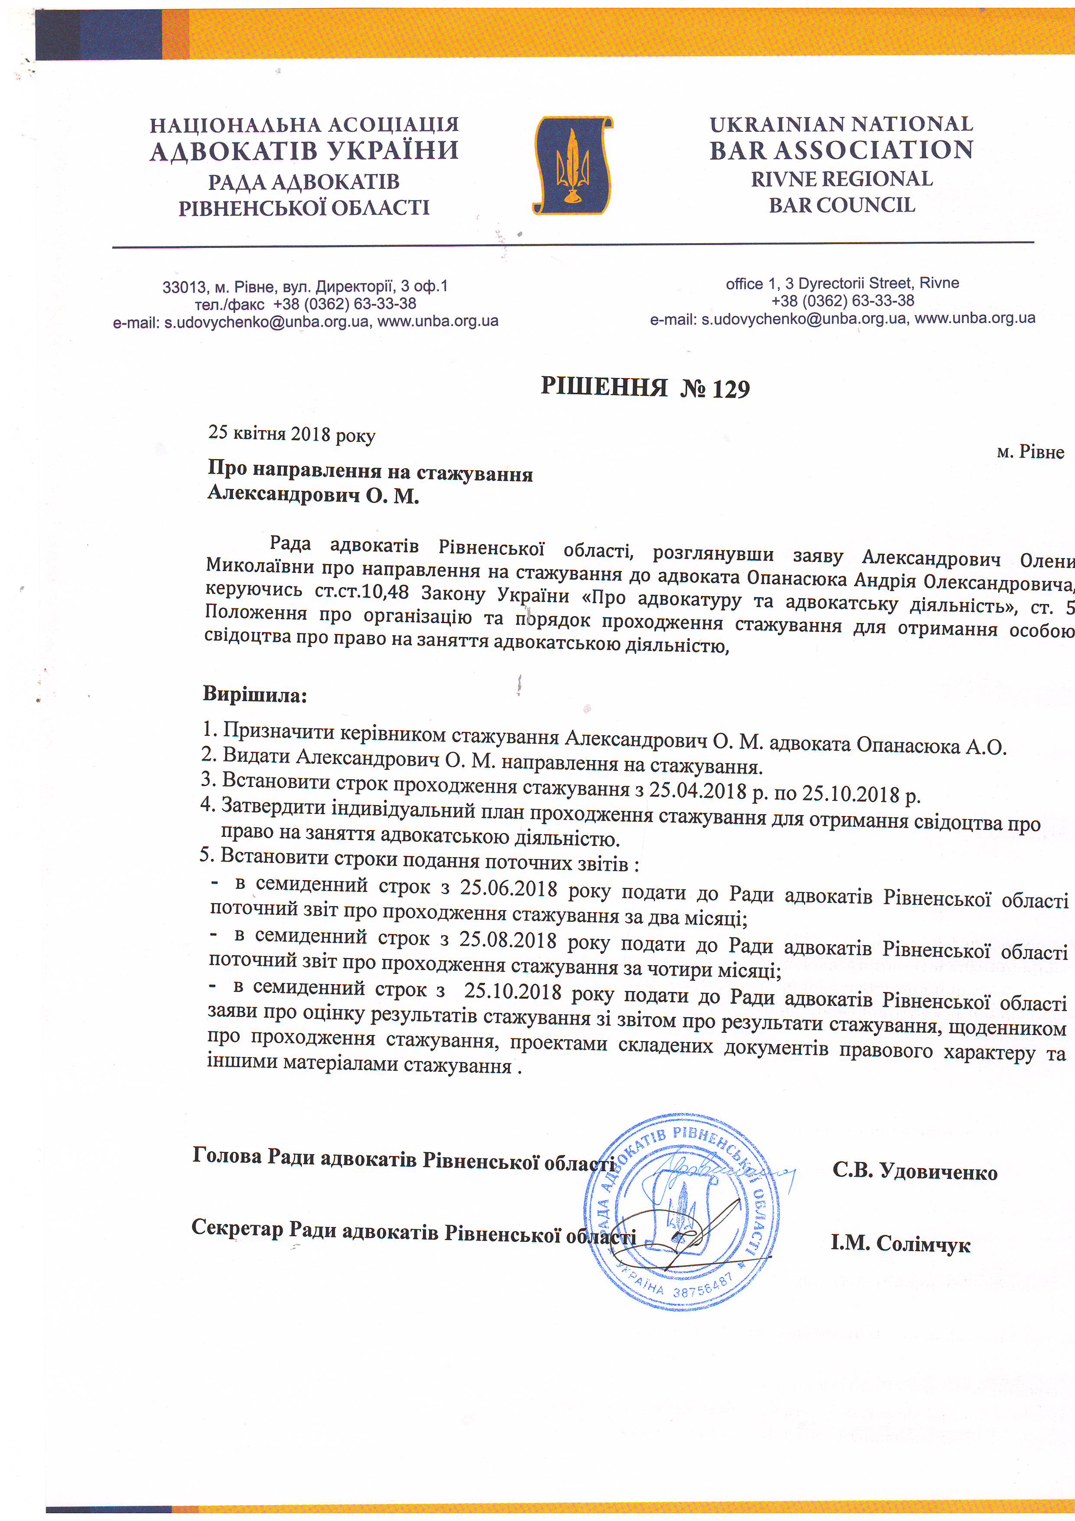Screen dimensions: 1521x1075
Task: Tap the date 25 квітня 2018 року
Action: click(291, 434)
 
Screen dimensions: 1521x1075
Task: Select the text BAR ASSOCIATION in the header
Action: click(841, 150)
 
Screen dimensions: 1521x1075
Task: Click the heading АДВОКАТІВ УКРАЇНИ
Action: click(304, 151)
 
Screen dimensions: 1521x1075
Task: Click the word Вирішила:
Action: click(255, 695)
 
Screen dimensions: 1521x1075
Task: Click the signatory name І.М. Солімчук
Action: click(900, 1244)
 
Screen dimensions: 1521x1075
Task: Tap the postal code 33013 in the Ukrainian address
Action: click(183, 287)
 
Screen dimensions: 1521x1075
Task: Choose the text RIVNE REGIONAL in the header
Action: click(841, 179)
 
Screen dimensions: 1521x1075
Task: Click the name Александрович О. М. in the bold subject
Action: click(313, 494)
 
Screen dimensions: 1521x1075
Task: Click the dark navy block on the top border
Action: click(99, 34)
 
